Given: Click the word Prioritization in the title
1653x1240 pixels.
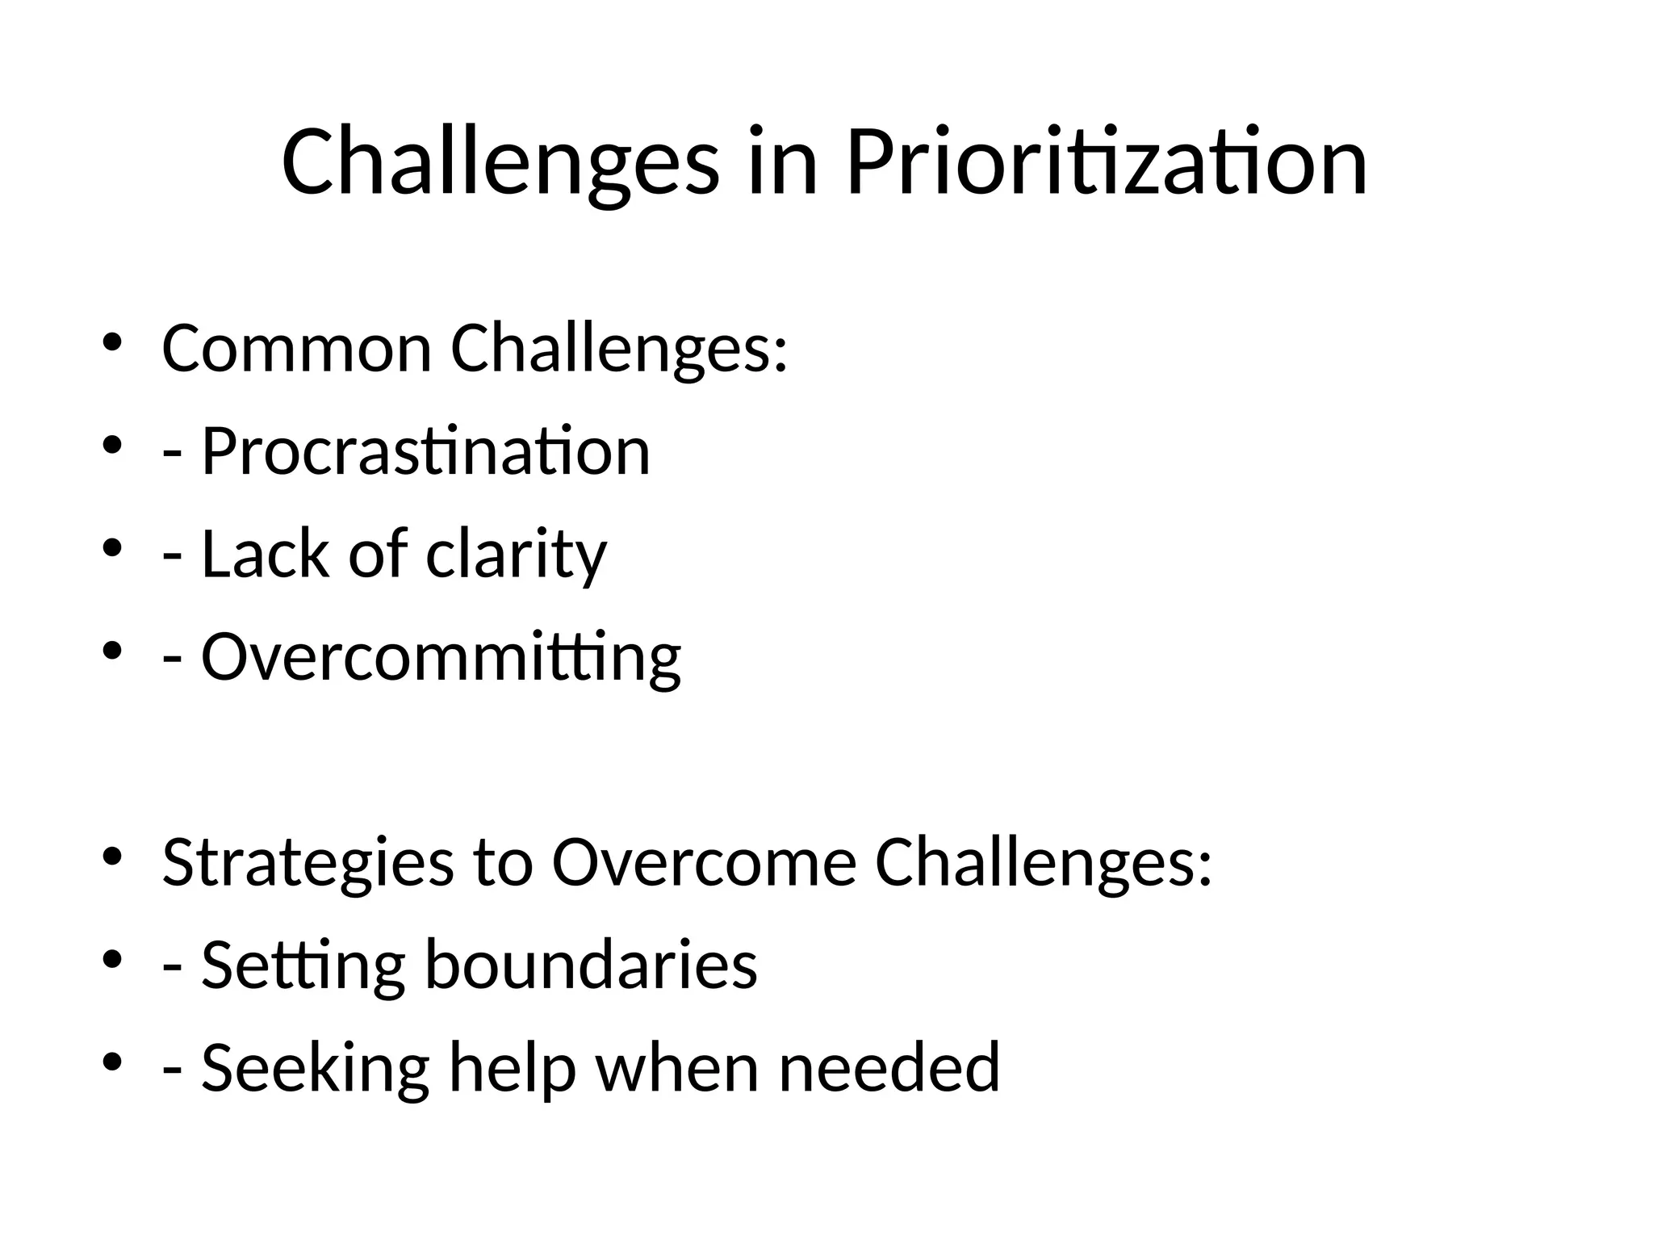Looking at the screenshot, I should [x=1106, y=163].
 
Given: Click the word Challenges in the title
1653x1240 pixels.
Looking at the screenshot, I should [x=500, y=163].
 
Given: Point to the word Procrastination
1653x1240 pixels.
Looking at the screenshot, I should [x=425, y=451].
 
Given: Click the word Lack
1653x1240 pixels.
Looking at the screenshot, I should [x=266, y=554].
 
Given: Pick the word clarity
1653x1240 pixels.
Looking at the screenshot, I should [x=516, y=555].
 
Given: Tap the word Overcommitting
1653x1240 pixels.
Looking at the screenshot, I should [x=441, y=657].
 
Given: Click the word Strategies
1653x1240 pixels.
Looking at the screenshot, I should [x=308, y=863].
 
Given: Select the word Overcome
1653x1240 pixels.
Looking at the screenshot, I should [x=704, y=862].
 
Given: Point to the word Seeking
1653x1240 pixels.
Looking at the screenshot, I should [x=315, y=1067].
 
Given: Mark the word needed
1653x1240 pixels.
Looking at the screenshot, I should [x=889, y=1067].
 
